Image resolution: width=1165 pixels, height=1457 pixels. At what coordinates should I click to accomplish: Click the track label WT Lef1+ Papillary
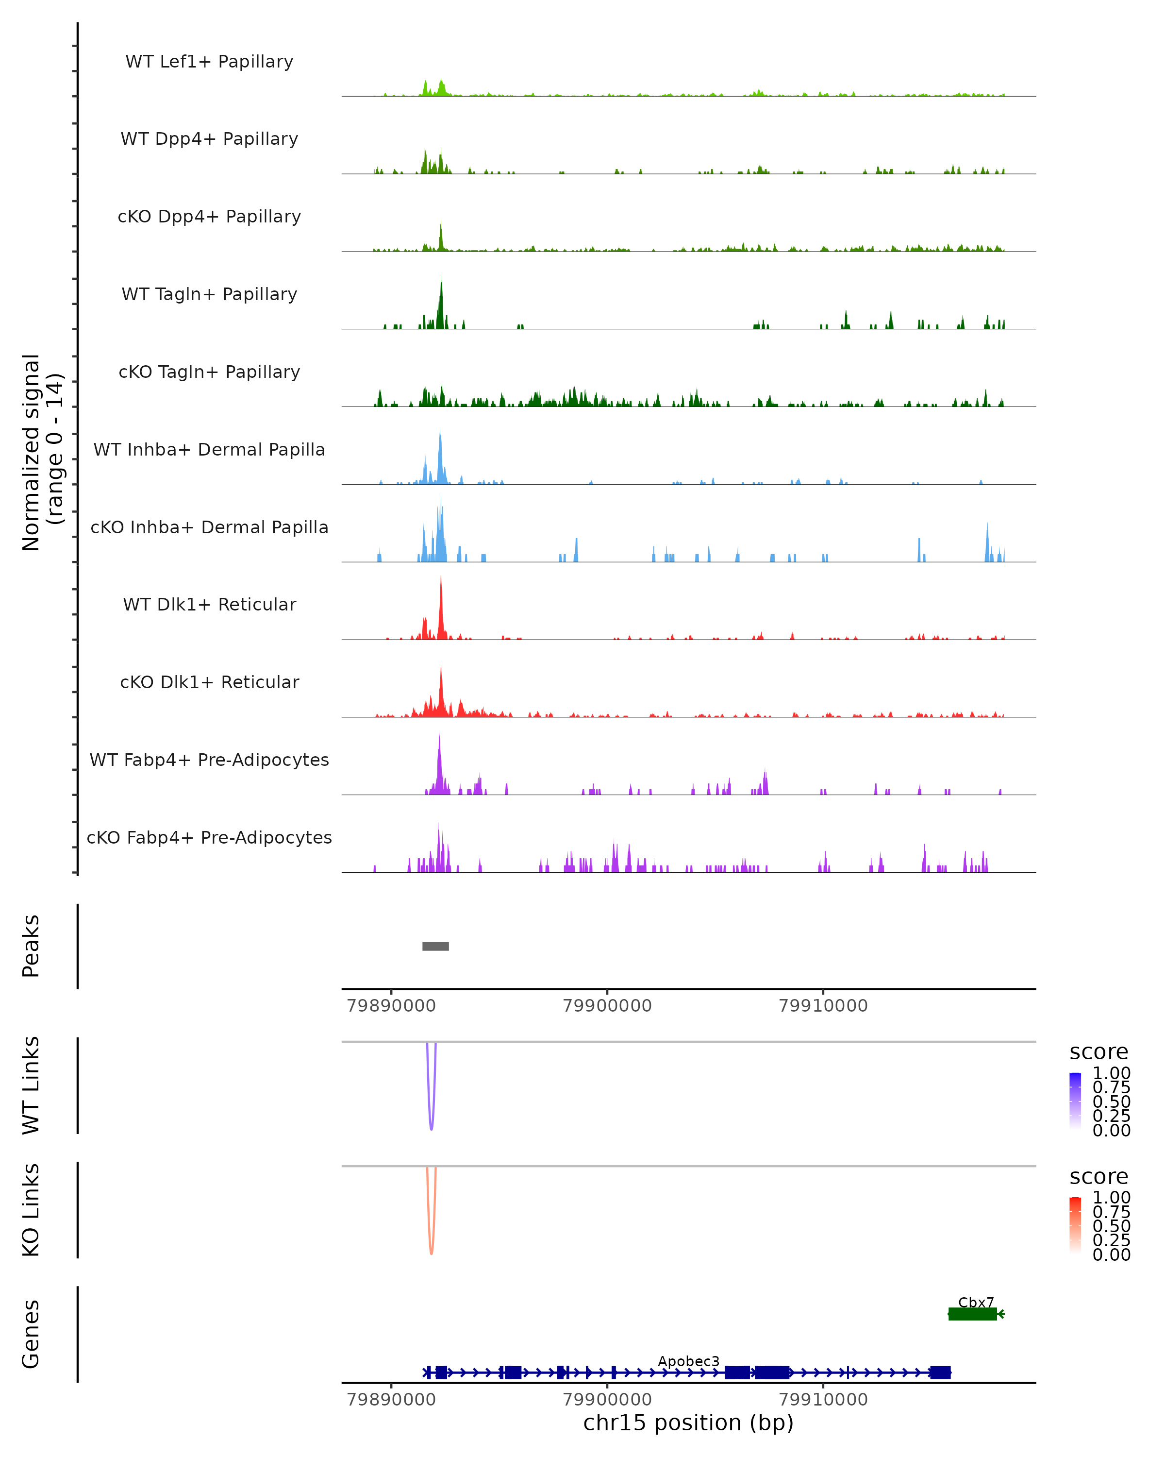[x=209, y=62]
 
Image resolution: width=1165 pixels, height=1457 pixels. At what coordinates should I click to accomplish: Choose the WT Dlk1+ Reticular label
[x=209, y=604]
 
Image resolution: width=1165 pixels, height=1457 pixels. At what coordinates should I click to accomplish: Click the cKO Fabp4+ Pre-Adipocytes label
[x=209, y=837]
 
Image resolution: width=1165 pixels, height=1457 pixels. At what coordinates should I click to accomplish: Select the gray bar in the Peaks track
[x=435, y=946]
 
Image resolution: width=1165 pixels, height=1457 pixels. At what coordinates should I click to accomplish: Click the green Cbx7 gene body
[x=972, y=1314]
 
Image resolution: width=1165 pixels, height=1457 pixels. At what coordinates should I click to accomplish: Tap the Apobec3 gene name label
[x=688, y=1361]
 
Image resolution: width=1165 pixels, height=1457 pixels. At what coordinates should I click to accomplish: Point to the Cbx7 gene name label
[x=976, y=1302]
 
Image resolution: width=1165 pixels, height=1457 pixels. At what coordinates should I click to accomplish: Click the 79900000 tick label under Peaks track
[x=607, y=1006]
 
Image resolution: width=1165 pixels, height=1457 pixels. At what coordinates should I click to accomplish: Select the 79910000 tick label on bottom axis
[x=823, y=1400]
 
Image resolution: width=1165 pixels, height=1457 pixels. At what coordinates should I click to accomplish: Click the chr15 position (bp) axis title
[x=688, y=1423]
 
